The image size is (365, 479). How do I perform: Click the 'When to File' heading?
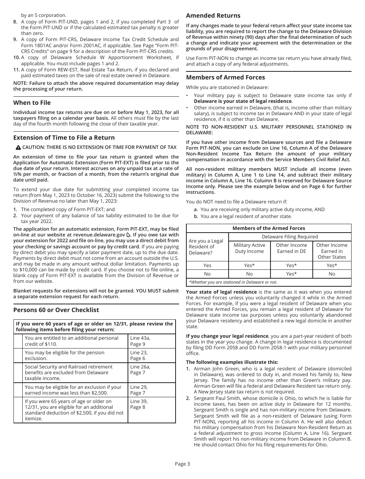pos(32,103)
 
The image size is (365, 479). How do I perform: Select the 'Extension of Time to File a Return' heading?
pos(64,138)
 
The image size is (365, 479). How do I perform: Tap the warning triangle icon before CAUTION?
pos(18,147)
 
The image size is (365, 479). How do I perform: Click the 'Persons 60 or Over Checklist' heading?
pos(56,310)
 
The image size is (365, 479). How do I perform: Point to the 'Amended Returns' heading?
pos(213,16)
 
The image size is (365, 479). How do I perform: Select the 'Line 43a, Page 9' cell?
pos(151,341)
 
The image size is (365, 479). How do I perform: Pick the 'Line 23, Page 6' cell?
pos(151,355)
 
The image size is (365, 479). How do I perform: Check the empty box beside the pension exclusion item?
pos(18,355)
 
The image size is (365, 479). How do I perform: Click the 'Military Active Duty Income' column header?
pos(249,248)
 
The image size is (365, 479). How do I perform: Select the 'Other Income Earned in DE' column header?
pos(291,248)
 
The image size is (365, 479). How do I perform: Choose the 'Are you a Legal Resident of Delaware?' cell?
pos(207,247)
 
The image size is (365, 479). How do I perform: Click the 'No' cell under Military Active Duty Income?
pos(249,274)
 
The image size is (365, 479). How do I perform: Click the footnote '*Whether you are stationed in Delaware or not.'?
pos(233,282)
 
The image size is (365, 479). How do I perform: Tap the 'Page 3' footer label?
pos(182,464)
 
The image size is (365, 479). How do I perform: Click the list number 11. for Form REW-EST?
pos(17,70)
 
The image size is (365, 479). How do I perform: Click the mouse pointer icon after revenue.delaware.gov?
pos(128,235)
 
